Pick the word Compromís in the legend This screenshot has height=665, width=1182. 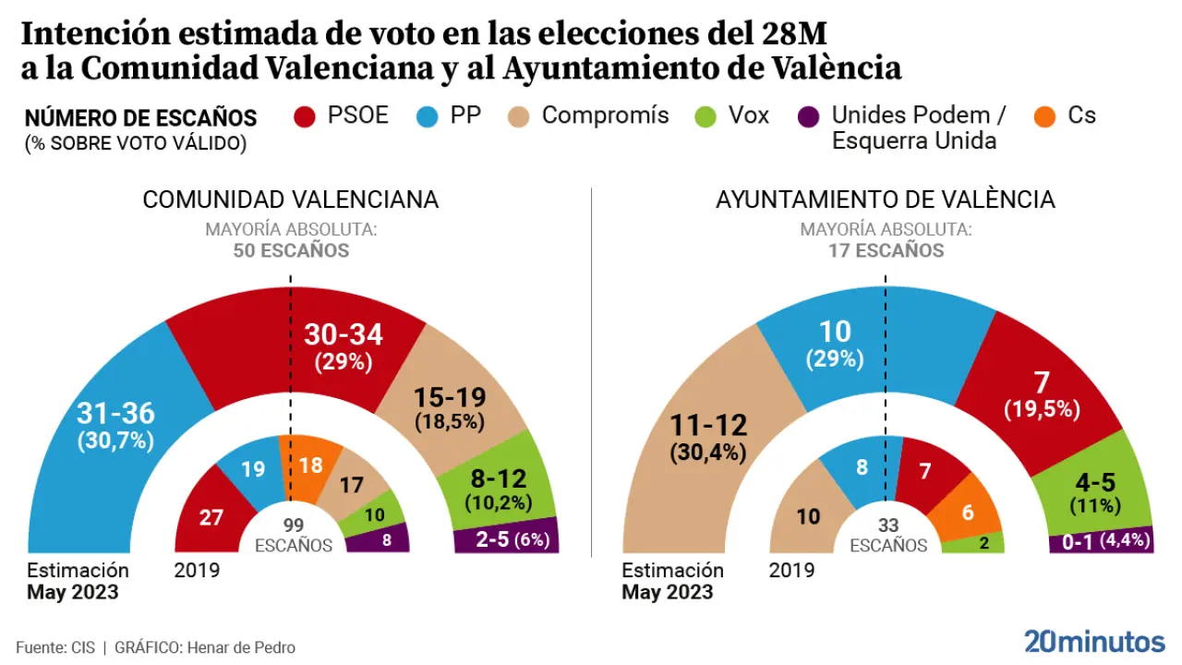[605, 115]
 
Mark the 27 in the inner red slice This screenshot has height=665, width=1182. [211, 516]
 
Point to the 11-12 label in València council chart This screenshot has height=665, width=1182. [708, 427]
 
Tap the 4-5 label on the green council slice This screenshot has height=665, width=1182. [1095, 482]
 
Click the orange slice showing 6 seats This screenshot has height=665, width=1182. [967, 512]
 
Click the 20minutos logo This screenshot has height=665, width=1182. [1094, 641]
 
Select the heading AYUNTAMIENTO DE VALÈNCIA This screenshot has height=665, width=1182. [885, 199]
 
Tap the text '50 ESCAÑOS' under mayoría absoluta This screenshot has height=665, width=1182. [290, 250]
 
